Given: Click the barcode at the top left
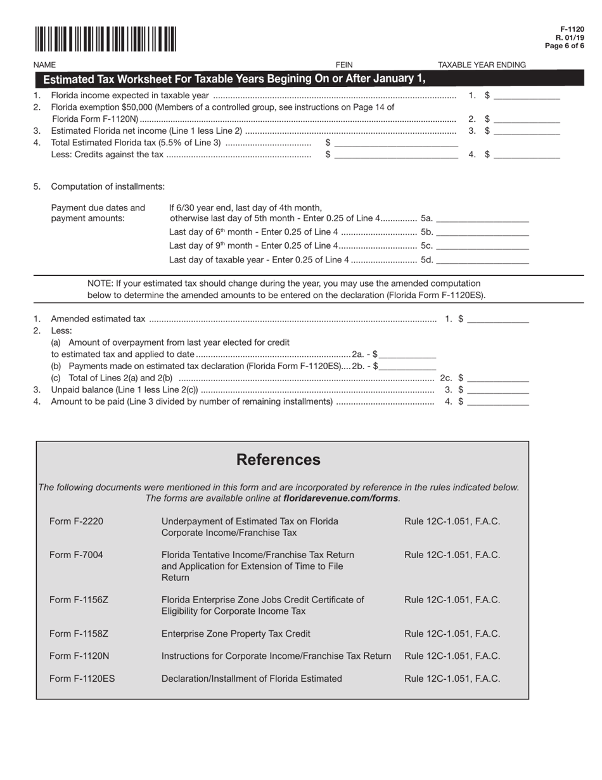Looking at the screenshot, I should click(105, 39).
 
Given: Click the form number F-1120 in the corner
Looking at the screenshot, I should click(572, 30).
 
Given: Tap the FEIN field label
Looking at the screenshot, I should click(344, 65).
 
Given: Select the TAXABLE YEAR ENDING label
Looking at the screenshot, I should click(482, 65).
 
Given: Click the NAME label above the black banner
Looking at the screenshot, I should click(44, 65).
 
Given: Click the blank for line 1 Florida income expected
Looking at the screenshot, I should click(527, 96).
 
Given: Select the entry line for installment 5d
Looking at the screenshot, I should click(483, 260).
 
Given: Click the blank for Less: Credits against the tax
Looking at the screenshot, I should click(396, 155).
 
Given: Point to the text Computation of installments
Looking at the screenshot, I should click(108, 186).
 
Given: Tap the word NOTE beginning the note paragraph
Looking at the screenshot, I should click(99, 283).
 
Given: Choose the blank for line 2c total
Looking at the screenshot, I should click(498, 378).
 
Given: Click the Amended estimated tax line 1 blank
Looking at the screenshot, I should click(498, 319).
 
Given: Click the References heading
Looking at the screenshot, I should click(278, 460).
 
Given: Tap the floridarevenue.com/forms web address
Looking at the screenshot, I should click(341, 498).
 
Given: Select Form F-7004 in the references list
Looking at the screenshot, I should click(76, 555).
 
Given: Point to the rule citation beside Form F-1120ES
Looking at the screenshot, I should click(452, 679).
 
